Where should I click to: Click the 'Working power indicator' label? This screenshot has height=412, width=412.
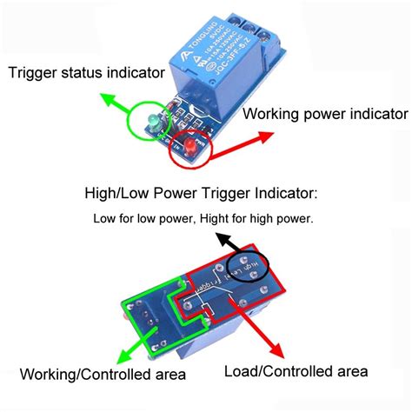(324, 114)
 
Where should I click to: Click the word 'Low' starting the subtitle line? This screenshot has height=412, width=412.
(104, 218)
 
